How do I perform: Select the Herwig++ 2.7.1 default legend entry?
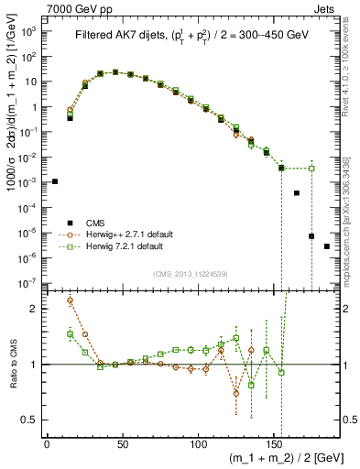pyautogui.click(x=125, y=234)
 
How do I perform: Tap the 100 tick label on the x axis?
pyautogui.click(x=198, y=443)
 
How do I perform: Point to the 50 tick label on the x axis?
pyautogui.click(x=123, y=443)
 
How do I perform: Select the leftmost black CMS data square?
pyautogui.click(x=55, y=181)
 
